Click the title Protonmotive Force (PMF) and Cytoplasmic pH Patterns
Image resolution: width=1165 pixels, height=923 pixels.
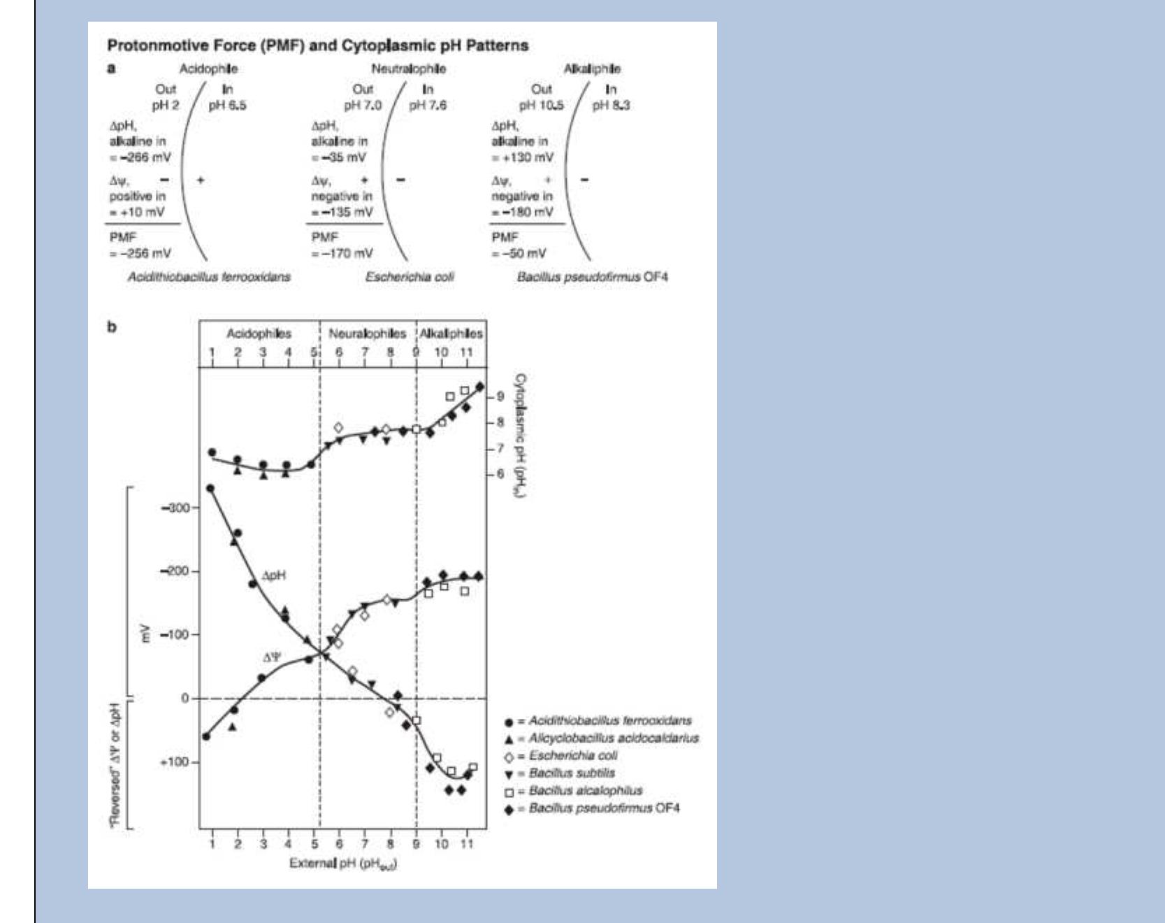317,46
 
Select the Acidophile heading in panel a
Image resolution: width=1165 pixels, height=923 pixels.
208,69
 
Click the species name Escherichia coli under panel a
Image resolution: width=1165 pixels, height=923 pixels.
410,277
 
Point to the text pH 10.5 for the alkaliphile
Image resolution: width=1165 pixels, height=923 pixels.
541,106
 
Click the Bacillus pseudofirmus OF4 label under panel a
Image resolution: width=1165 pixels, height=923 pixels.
592,277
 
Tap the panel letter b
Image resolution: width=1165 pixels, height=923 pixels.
111,327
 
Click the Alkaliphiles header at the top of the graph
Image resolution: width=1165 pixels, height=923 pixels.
451,334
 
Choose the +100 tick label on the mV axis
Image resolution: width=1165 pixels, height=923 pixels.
175,761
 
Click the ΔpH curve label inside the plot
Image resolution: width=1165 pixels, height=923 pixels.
273,575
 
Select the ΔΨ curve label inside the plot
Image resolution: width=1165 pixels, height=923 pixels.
272,657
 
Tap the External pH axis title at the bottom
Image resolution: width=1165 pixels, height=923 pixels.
343,864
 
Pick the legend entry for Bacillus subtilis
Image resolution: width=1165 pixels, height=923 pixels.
572,773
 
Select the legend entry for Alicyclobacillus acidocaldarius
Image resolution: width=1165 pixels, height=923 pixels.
613,738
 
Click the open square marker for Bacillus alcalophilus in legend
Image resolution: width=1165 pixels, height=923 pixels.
509,792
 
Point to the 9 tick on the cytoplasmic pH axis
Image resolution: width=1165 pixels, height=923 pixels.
500,396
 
